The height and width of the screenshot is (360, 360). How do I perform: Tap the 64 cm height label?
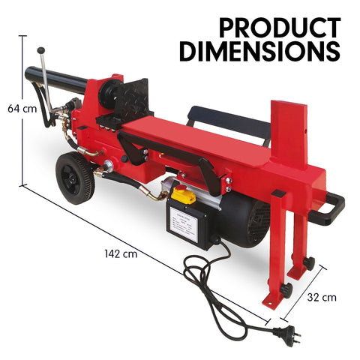coord(22,108)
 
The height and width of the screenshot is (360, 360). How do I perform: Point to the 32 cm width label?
coord(322,297)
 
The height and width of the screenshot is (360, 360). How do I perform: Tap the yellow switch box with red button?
coord(184,196)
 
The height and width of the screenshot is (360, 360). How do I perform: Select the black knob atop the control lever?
coord(43,50)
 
